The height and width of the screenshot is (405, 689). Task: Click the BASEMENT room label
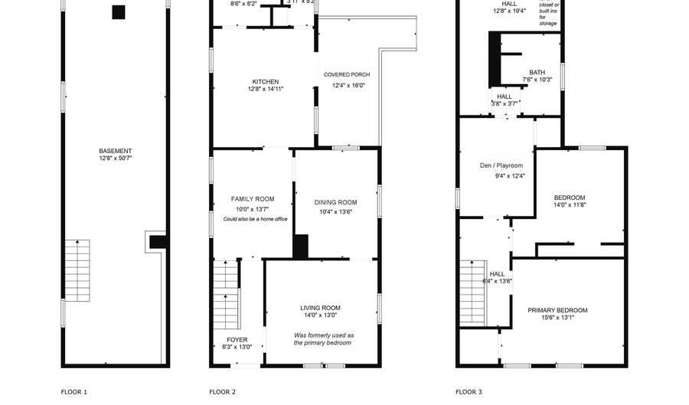click(x=115, y=151)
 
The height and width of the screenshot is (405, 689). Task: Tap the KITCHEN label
click(x=266, y=82)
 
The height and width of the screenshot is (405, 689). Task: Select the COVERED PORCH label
click(x=347, y=75)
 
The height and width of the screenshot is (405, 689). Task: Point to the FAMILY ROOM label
click(x=252, y=199)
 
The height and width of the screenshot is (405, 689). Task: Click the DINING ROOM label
click(x=335, y=202)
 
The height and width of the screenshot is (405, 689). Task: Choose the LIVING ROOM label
click(x=320, y=308)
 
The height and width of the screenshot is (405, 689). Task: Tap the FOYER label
click(x=237, y=339)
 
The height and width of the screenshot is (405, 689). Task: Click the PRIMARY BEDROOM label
click(x=557, y=310)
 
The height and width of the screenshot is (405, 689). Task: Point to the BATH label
click(x=537, y=73)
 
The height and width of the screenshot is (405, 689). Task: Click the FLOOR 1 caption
click(x=74, y=392)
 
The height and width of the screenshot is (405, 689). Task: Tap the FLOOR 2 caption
click(x=222, y=392)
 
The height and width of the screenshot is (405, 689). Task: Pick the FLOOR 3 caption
click(x=469, y=392)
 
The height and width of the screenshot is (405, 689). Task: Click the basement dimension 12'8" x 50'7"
click(x=115, y=159)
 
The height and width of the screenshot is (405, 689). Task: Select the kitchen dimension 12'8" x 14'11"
click(x=266, y=90)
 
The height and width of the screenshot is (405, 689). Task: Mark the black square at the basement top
click(x=118, y=12)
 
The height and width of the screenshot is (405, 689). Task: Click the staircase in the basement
click(x=77, y=269)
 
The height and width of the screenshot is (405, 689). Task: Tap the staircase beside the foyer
click(x=225, y=295)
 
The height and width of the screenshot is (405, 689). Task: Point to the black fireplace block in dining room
click(x=301, y=247)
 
